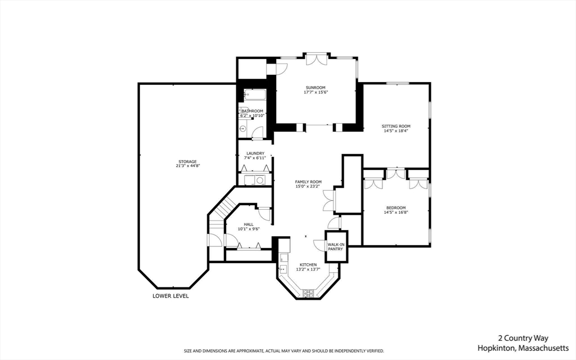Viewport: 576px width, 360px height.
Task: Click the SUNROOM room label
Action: [315, 88]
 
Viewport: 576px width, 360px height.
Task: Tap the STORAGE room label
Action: [187, 161]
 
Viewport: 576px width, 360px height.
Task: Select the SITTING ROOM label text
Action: [396, 126]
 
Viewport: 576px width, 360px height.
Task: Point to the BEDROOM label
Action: [396, 208]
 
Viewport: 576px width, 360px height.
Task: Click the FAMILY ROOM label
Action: [308, 182]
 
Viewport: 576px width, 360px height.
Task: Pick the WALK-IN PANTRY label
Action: [336, 246]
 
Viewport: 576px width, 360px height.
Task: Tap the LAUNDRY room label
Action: [255, 154]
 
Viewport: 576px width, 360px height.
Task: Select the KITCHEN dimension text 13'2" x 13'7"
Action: [308, 269]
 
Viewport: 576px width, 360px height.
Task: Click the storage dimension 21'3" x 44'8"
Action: [187, 166]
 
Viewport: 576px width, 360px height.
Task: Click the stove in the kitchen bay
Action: [308, 292]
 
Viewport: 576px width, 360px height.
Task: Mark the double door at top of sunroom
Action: [315, 59]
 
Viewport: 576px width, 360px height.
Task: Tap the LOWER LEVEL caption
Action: [170, 296]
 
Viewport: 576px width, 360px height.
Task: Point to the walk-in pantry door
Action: [321, 245]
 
